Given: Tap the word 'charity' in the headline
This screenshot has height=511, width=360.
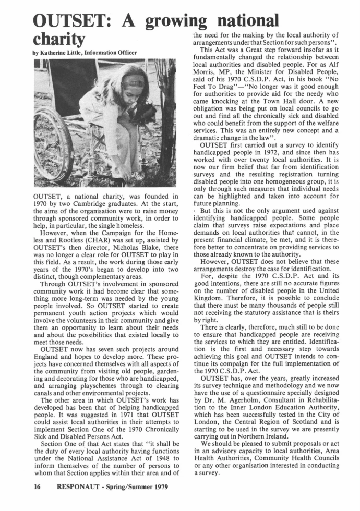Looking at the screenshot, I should pyautogui.click(x=58, y=40).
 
